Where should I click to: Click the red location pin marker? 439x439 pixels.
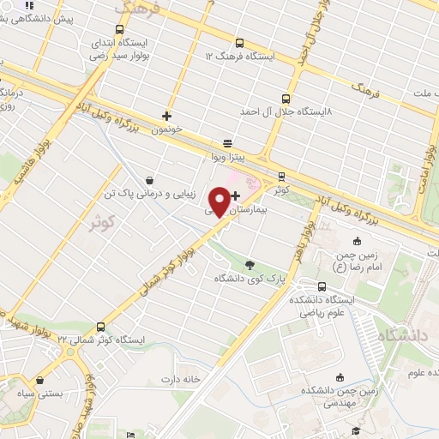click(220, 202)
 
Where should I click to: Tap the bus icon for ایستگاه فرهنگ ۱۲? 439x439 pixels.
click(238, 43)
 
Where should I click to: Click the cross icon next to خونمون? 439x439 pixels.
click(167, 116)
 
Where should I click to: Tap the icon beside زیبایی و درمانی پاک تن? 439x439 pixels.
click(151, 180)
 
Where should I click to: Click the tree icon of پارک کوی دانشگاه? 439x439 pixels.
click(250, 264)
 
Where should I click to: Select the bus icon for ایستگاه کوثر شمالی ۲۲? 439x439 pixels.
click(101, 327)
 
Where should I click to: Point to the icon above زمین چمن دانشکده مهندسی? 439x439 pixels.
click(340, 376)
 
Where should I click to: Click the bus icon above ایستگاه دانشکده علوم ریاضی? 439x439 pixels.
click(322, 286)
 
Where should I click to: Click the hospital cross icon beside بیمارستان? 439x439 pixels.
click(236, 196)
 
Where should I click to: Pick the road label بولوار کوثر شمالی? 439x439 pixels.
click(163, 273)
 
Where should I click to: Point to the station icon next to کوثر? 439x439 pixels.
click(282, 177)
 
